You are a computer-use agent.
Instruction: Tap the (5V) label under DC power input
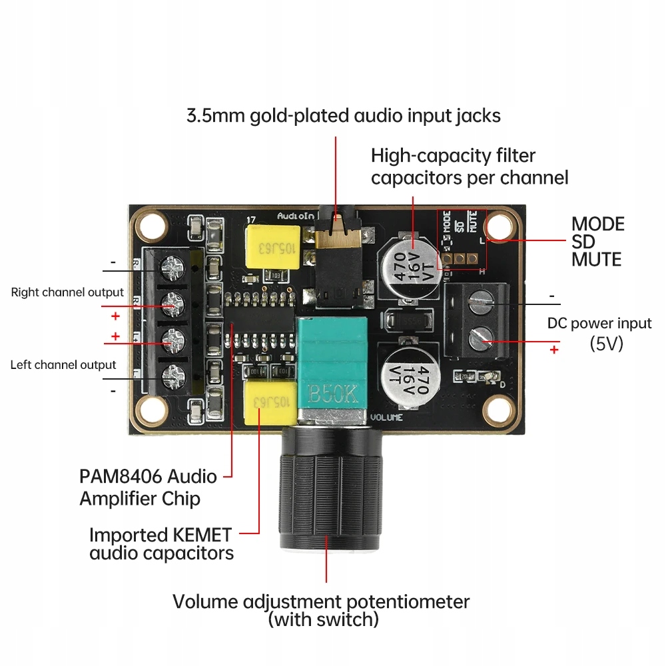[606, 344]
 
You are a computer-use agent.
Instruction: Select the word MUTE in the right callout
[596, 259]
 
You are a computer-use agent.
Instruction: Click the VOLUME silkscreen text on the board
[387, 418]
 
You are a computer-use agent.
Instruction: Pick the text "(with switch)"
[323, 620]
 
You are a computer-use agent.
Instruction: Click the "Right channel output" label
[67, 292]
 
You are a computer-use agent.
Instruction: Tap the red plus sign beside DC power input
[553, 350]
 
